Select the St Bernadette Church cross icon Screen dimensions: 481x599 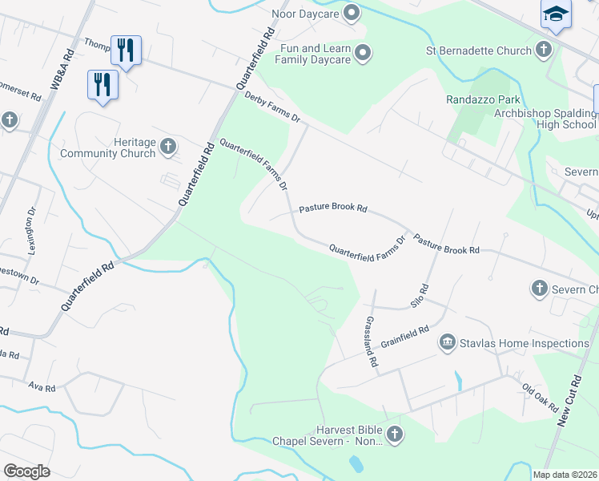point(544,51)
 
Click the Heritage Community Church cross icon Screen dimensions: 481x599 point(167,146)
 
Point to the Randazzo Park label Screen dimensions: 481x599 point(483,100)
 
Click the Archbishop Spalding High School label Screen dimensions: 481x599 point(545,119)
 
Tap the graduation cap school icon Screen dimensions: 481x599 point(557,15)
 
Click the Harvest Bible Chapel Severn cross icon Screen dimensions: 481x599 point(393,435)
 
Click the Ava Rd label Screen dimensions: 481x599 point(42,387)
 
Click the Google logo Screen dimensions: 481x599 point(26,471)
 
